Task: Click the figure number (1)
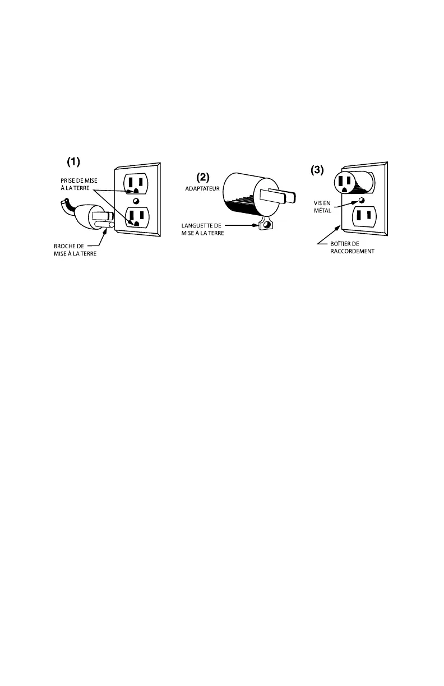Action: pos(74,162)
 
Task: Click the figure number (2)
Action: pos(202,177)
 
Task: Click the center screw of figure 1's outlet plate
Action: pos(135,201)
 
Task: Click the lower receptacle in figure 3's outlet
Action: pos(362,216)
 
